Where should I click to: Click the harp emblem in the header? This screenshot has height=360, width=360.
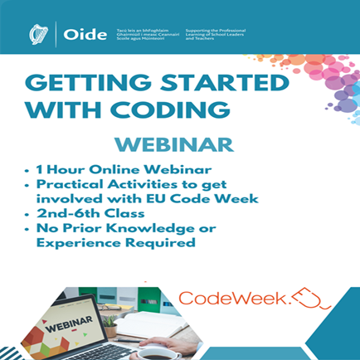[38, 35]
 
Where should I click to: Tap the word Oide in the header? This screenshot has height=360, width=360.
[85, 35]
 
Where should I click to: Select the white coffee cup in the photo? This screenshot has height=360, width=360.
[163, 353]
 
